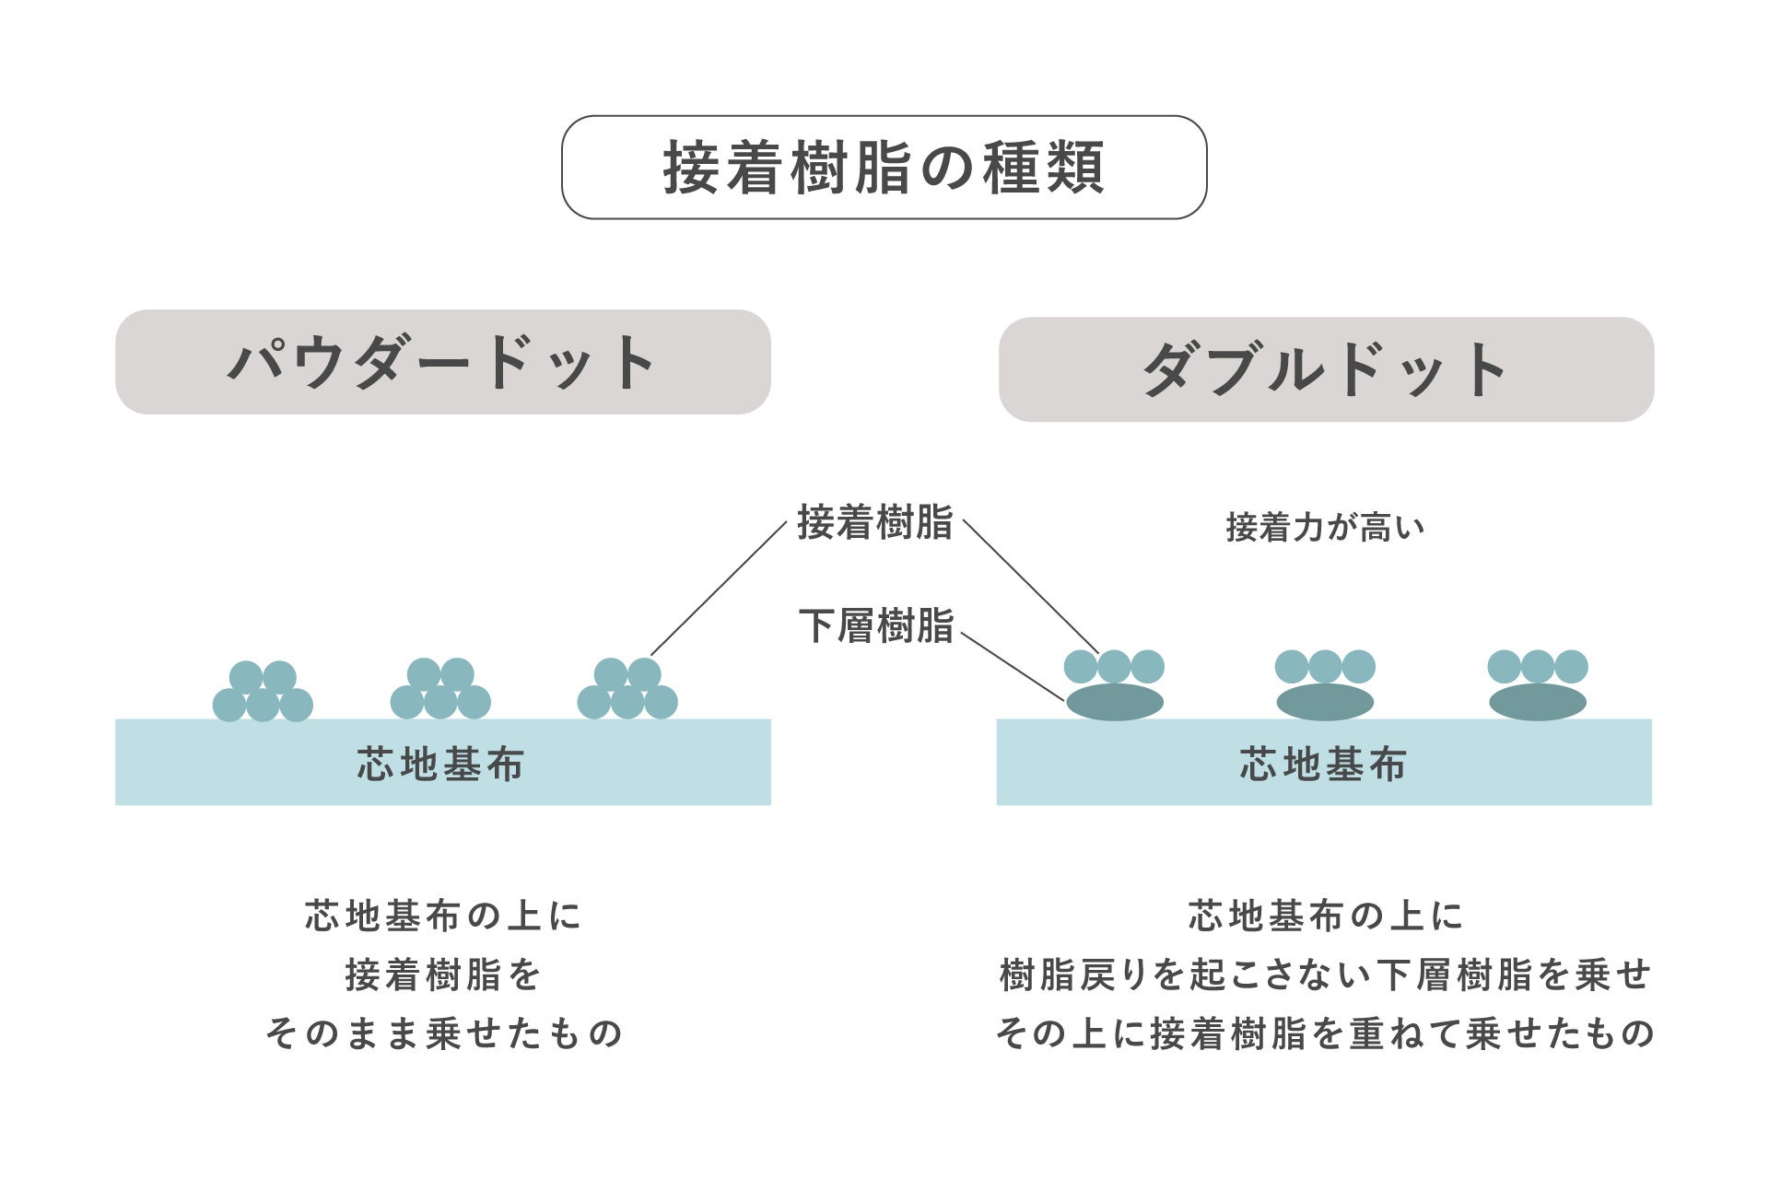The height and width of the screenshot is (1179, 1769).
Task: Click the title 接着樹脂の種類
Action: [884, 168]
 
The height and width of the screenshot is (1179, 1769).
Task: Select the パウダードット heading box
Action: [442, 362]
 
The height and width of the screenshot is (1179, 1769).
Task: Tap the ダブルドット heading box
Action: [1326, 369]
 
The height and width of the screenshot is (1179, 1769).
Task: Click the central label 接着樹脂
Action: [874, 522]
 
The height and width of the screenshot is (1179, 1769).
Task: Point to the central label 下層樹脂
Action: [875, 626]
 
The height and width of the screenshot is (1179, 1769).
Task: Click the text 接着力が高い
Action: [1325, 528]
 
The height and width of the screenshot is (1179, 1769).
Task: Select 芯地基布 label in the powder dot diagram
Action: [441, 765]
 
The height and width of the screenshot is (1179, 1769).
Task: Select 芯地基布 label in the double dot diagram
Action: [1323, 765]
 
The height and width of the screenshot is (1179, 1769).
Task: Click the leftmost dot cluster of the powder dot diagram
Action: [263, 691]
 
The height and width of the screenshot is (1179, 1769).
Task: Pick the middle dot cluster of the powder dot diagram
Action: [440, 689]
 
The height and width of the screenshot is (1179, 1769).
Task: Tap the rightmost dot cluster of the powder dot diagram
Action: [627, 689]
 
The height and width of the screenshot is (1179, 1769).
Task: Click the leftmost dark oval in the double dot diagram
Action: [1115, 702]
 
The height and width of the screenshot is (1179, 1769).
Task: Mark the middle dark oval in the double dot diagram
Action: [1325, 702]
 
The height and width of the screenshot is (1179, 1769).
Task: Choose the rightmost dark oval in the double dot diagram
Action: [1538, 702]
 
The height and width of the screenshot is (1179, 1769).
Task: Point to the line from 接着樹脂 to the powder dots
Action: [719, 588]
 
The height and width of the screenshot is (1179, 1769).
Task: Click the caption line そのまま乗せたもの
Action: [444, 1033]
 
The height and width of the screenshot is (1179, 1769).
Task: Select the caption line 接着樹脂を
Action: [443, 975]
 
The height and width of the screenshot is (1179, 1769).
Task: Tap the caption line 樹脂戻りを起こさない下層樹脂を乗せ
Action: [1325, 975]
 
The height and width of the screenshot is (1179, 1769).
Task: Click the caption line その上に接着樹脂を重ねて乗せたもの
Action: [1325, 1033]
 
